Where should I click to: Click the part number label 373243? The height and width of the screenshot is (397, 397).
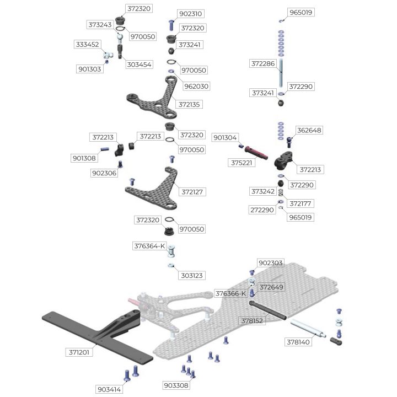point(100,25)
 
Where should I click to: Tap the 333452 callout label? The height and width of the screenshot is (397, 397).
point(87,45)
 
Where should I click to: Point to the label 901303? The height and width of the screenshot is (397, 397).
point(89,69)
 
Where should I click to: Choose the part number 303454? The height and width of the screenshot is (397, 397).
point(140,65)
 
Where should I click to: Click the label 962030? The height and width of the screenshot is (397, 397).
point(197,86)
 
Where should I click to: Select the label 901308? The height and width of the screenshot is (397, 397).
point(84,158)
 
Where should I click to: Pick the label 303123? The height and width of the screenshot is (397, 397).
point(192,275)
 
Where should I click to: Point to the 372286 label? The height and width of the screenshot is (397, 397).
point(263,64)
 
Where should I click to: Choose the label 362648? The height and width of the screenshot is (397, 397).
point(309,130)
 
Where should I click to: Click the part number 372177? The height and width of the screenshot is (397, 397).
point(301,203)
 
